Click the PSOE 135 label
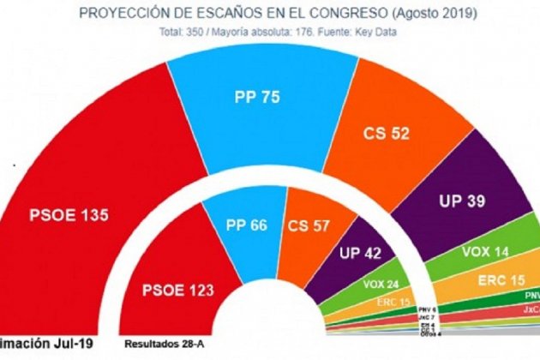pos(68,215)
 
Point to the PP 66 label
pos(248,225)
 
